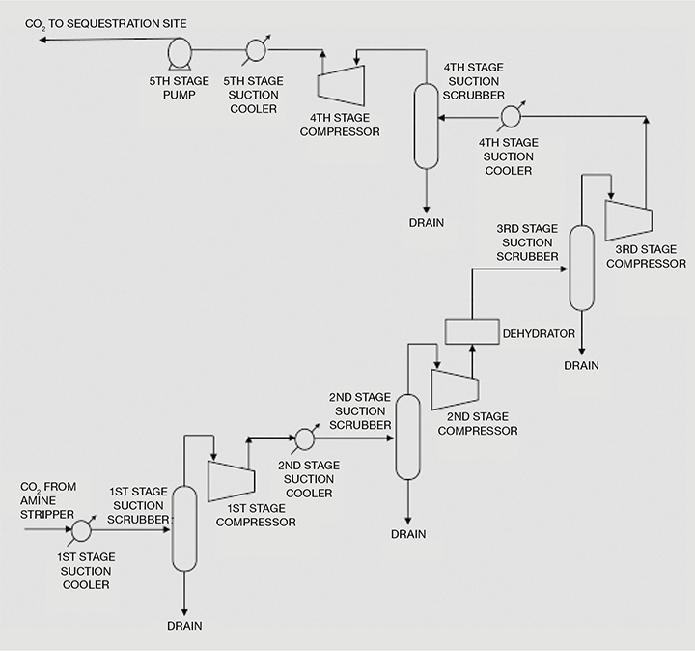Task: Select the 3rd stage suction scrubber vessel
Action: [x=580, y=268]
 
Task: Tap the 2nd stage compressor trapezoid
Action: [x=453, y=387]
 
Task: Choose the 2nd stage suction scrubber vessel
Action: [x=407, y=437]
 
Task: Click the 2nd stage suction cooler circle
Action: [x=303, y=438]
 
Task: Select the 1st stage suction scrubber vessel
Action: [x=183, y=527]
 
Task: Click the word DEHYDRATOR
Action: [x=539, y=333]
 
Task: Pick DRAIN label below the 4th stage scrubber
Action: [x=425, y=223]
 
